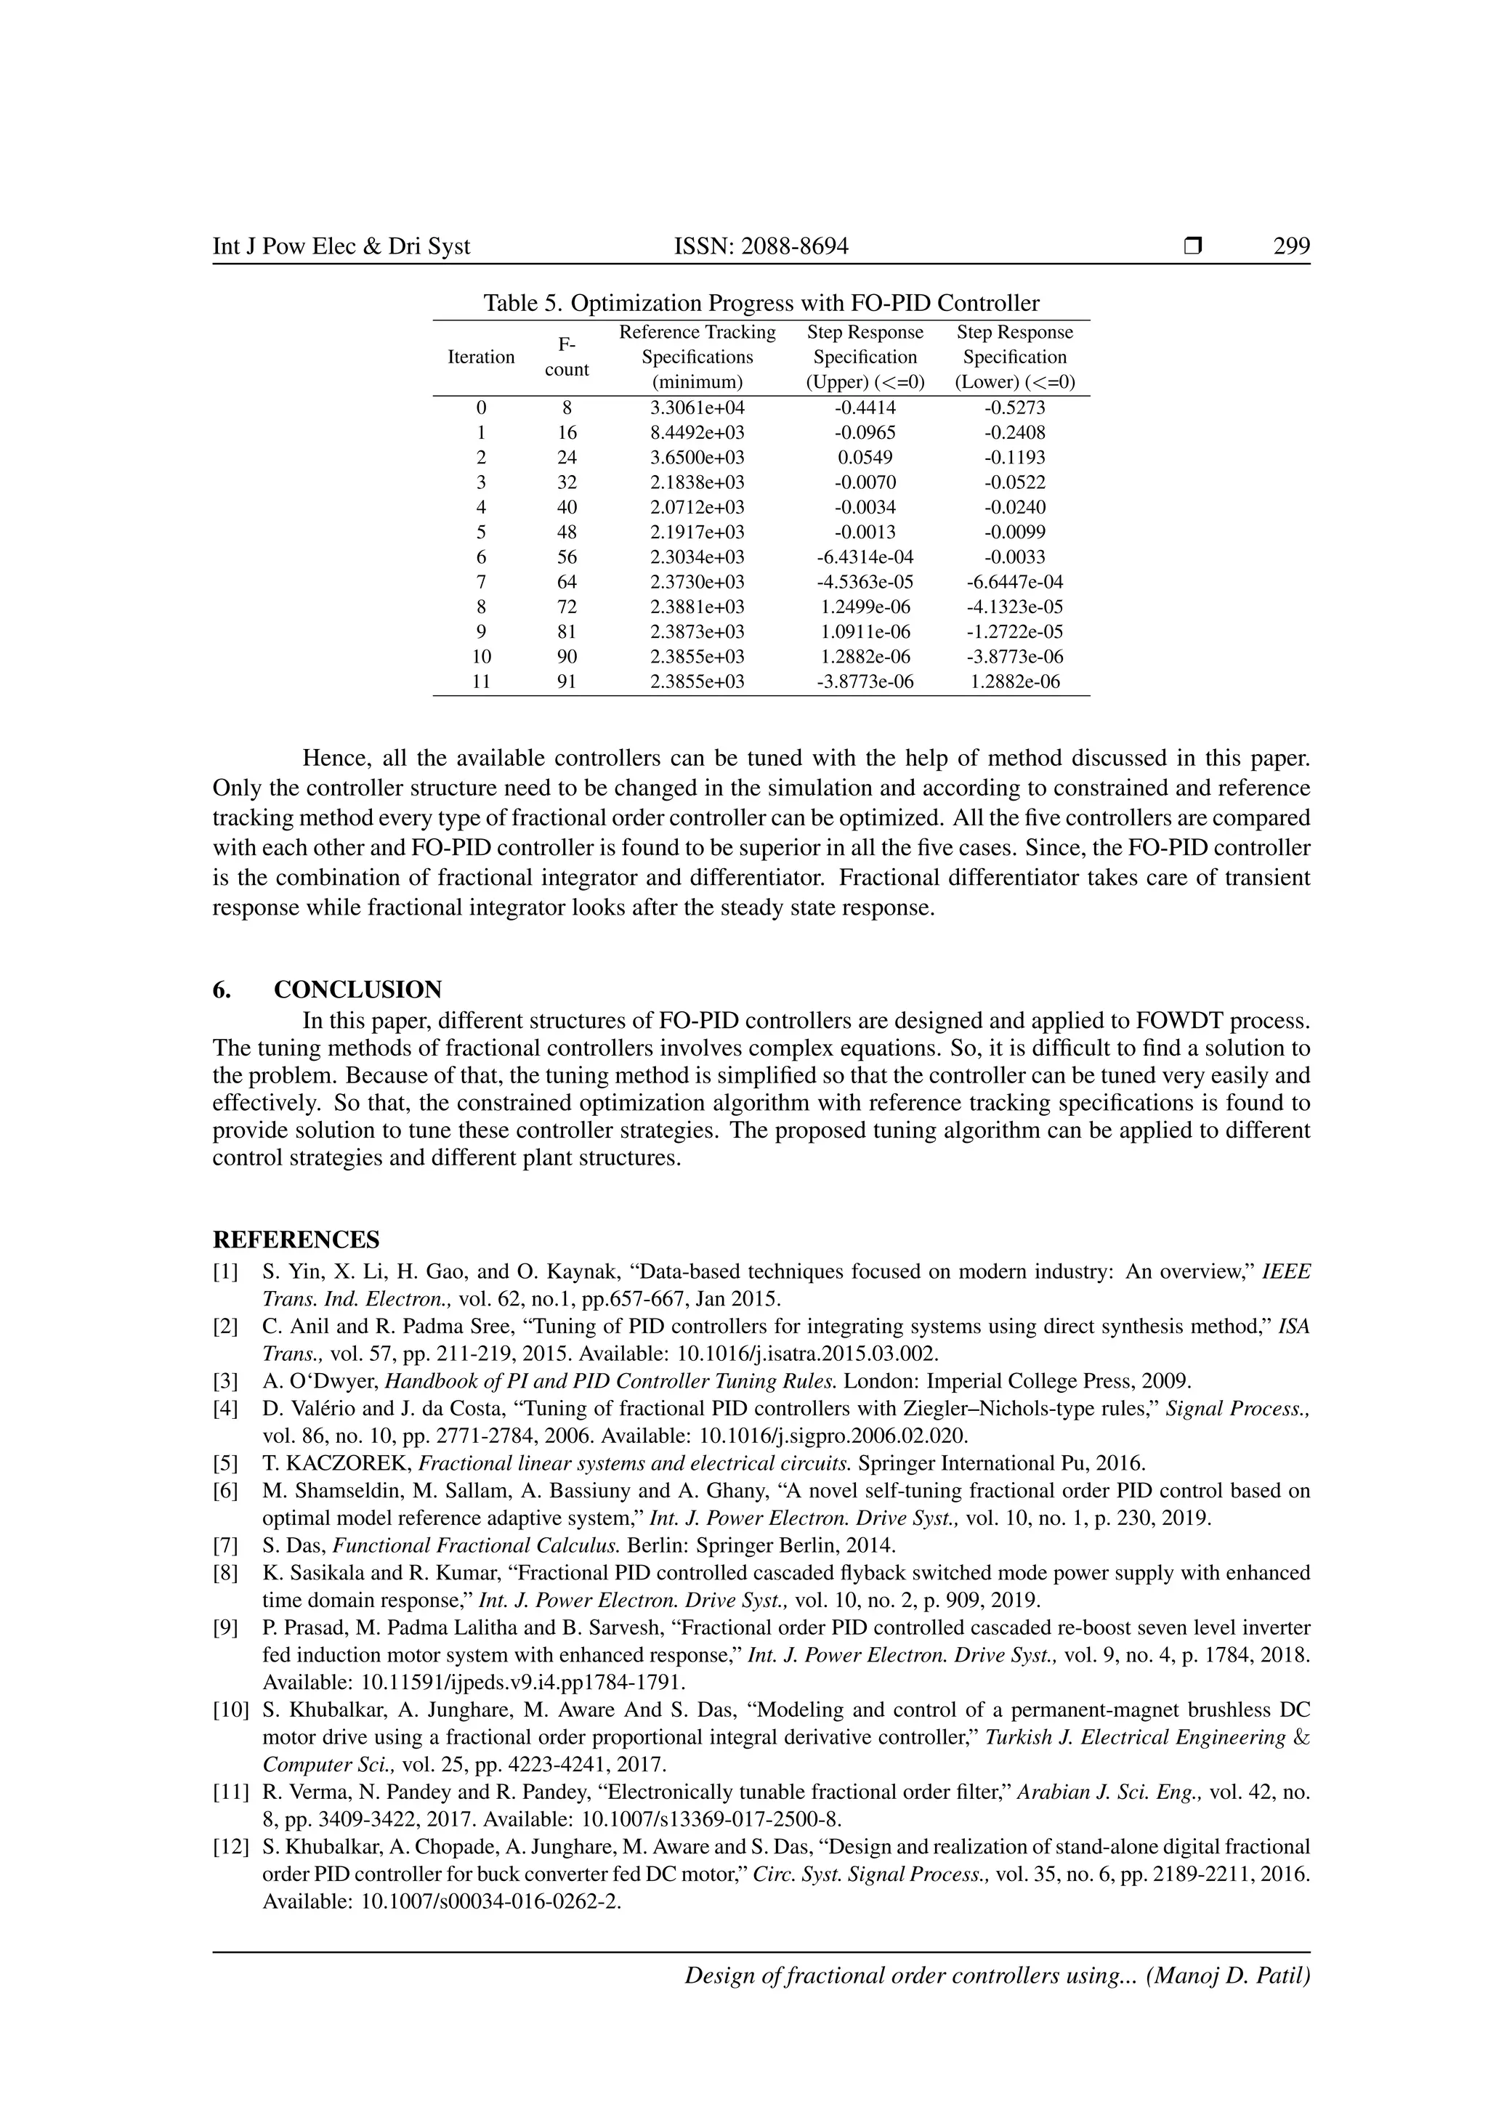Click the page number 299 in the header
[1291, 246]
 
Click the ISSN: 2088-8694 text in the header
[761, 246]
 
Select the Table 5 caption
[761, 303]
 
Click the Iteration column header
[481, 357]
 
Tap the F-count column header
[566, 357]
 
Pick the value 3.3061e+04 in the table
[697, 408]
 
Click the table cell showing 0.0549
[865, 457]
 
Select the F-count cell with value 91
[566, 681]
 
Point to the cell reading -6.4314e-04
[865, 557]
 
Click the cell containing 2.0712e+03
[697, 508]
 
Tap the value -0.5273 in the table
[1014, 408]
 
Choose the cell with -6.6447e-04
[1014, 582]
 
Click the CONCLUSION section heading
[357, 990]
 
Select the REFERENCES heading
[296, 1240]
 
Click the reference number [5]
[225, 1463]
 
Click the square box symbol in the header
[1192, 246]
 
